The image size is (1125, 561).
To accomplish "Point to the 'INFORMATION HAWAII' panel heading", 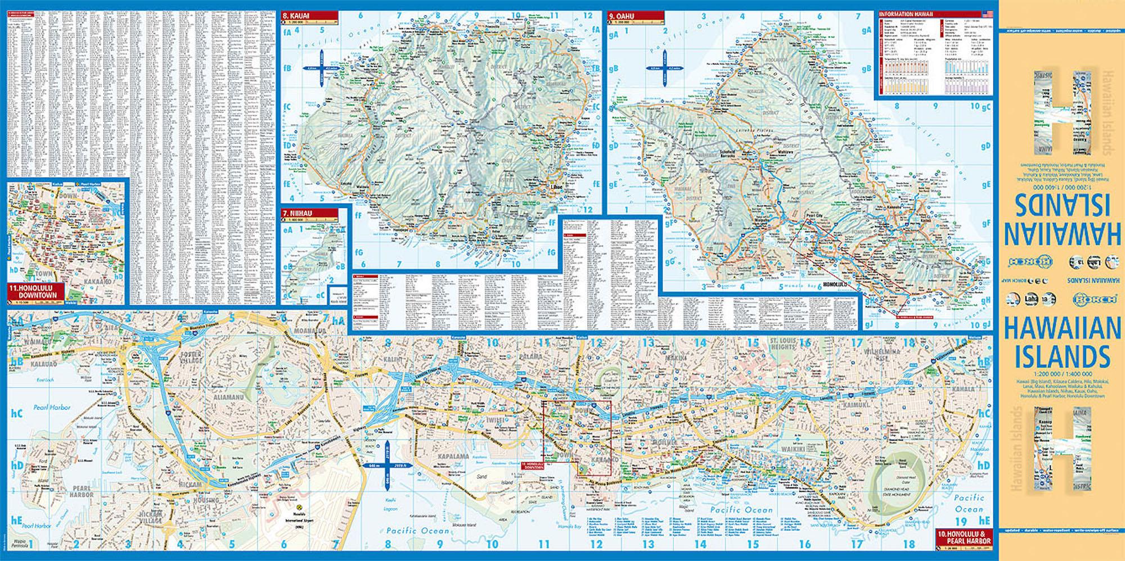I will click(906, 14).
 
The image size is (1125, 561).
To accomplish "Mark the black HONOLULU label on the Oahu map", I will click(834, 285).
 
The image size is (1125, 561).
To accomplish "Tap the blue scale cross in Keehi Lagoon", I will click(388, 465).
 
